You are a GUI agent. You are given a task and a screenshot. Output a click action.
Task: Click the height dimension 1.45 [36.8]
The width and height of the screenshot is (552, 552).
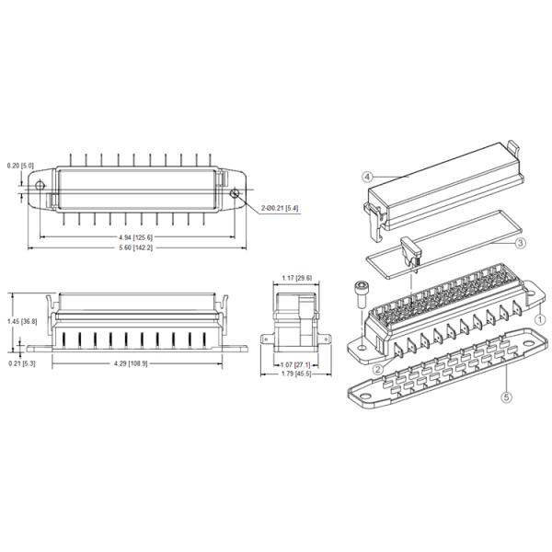point(27,321)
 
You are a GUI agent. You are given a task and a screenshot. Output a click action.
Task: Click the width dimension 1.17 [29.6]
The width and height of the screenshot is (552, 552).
point(295,278)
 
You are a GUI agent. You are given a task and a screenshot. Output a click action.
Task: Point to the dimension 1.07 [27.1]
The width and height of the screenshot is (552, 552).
point(295,364)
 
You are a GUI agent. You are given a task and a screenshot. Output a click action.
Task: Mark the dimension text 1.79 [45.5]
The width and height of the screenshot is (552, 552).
point(295,374)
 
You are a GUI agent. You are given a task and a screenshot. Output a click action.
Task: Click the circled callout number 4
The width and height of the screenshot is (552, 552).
point(366,176)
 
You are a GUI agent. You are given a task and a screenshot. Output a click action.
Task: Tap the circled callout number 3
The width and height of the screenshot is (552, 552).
point(520,243)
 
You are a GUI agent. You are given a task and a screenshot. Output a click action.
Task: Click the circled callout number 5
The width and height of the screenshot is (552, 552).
point(506,397)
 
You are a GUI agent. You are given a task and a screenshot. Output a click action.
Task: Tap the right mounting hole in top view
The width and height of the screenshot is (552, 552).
point(236,193)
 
